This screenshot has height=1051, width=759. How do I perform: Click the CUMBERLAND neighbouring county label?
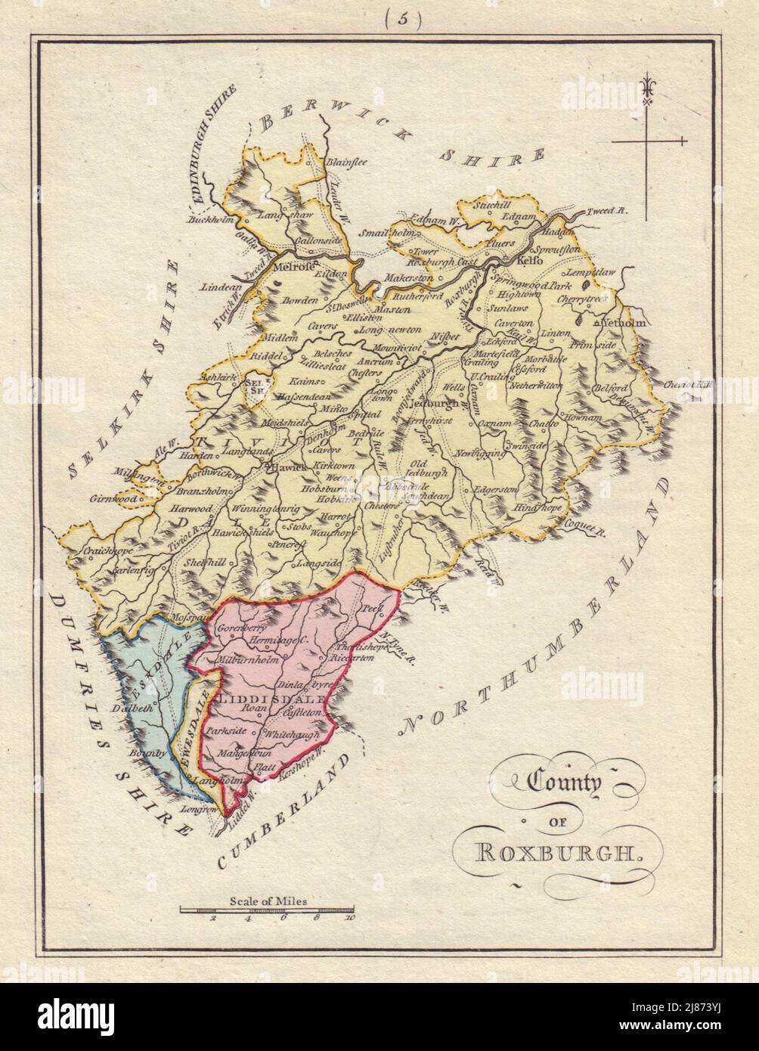[x=287, y=809]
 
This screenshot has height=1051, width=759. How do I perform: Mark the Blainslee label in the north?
[x=345, y=161]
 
